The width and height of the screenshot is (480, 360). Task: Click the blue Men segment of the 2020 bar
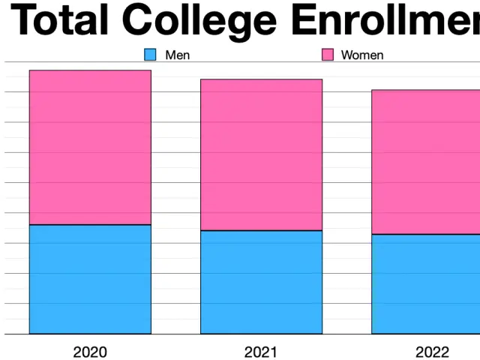point(90,279)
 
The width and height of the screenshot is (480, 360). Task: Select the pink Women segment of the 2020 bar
point(90,148)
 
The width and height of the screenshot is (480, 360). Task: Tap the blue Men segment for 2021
point(261,282)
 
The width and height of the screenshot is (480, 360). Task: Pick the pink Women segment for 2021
point(261,154)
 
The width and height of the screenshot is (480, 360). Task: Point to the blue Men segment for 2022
point(426,284)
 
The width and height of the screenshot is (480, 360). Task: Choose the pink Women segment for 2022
point(426,162)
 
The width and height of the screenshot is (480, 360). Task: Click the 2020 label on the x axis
point(90,352)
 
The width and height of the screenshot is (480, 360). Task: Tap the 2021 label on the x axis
point(261,352)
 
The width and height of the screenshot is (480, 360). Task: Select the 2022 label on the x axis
point(433,352)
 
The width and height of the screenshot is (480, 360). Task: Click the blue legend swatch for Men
point(150,55)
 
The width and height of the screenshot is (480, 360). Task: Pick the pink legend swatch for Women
point(328,55)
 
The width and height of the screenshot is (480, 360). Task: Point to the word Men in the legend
point(177,55)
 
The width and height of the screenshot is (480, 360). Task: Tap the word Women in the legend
point(362,55)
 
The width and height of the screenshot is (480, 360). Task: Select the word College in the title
point(202,21)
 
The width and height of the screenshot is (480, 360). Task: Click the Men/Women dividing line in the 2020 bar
point(90,225)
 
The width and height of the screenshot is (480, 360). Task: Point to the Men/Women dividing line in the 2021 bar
point(261,230)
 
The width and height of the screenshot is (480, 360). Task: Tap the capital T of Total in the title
point(25,21)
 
